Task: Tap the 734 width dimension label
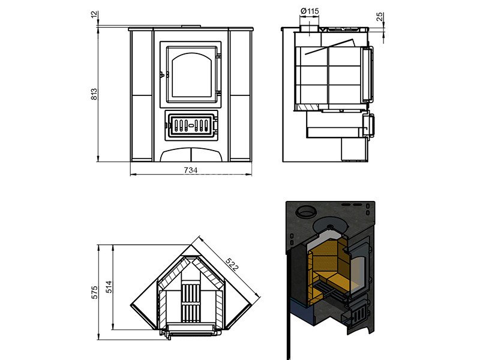pyautogui.click(x=191, y=170)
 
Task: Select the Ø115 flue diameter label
pyautogui.click(x=310, y=11)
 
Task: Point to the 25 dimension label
pyautogui.click(x=380, y=17)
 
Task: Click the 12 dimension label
pyautogui.click(x=94, y=14)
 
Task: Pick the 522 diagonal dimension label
pyautogui.click(x=232, y=265)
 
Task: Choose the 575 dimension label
pyautogui.click(x=94, y=292)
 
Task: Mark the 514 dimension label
pyautogui.click(x=109, y=287)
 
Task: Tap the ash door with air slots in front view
pyautogui.click(x=191, y=125)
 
